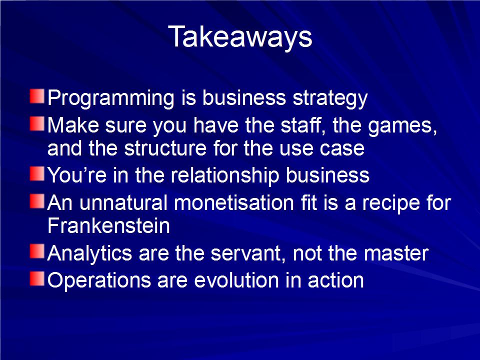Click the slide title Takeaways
pos(240,37)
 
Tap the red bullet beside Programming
pos(37,96)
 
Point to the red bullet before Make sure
pos(37,123)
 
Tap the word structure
pos(165,148)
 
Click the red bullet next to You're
pos(37,173)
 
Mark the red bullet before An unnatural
pos(37,201)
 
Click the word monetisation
pos(234,203)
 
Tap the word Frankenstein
pos(108,226)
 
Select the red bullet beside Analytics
pos(37,251)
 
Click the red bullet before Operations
pos(37,279)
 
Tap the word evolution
pos(236,280)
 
